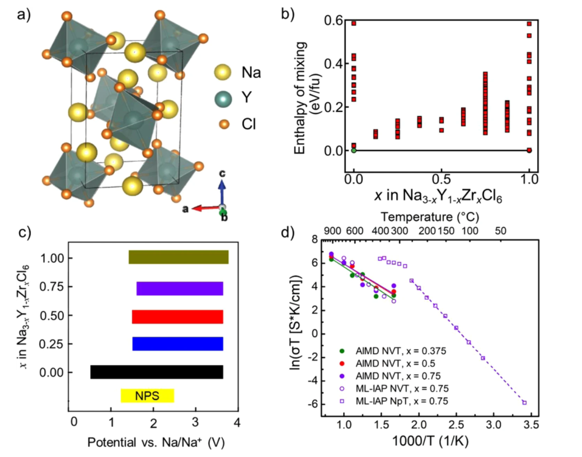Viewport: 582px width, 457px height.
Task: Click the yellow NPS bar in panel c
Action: coord(147,395)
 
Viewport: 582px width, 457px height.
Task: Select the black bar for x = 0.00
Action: coord(157,372)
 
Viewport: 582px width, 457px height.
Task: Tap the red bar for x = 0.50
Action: coord(177,316)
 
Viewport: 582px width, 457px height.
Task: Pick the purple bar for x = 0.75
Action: coord(180,288)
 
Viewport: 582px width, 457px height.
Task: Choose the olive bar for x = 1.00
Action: coord(179,257)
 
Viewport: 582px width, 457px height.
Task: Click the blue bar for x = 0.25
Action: coord(177,343)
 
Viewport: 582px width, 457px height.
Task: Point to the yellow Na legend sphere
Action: coord(224,73)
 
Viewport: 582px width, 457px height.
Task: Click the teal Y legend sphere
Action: coord(224,100)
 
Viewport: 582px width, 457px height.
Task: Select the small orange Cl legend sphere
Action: coord(224,124)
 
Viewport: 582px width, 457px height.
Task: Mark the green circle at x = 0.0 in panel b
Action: coord(354,150)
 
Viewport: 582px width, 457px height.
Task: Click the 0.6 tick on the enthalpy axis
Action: coord(332,21)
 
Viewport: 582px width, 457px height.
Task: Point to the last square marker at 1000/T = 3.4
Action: coord(524,402)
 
